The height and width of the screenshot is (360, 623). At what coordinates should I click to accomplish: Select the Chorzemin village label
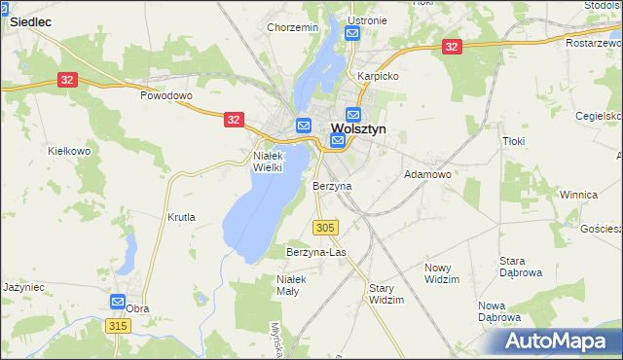[293, 27]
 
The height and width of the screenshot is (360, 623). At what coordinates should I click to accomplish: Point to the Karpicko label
[379, 75]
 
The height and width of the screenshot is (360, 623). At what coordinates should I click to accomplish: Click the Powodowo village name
[167, 96]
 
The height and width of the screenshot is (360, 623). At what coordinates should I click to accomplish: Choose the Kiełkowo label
[69, 151]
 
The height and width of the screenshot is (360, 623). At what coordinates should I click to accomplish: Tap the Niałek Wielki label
[268, 161]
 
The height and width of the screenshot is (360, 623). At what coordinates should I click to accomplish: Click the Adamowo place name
[426, 174]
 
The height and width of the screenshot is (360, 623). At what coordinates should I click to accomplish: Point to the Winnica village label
[577, 195]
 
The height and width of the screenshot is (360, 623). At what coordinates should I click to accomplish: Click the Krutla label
[181, 217]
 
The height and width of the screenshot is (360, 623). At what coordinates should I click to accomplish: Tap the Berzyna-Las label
[316, 252]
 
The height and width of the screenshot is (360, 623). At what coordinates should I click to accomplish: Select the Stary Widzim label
[386, 294]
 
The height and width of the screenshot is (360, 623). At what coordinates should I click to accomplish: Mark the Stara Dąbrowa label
[519, 267]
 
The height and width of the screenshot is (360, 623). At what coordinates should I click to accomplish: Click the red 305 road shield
[326, 227]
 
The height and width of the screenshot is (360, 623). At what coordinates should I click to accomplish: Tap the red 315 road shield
[119, 326]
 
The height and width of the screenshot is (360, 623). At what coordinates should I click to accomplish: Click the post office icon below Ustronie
[353, 34]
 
